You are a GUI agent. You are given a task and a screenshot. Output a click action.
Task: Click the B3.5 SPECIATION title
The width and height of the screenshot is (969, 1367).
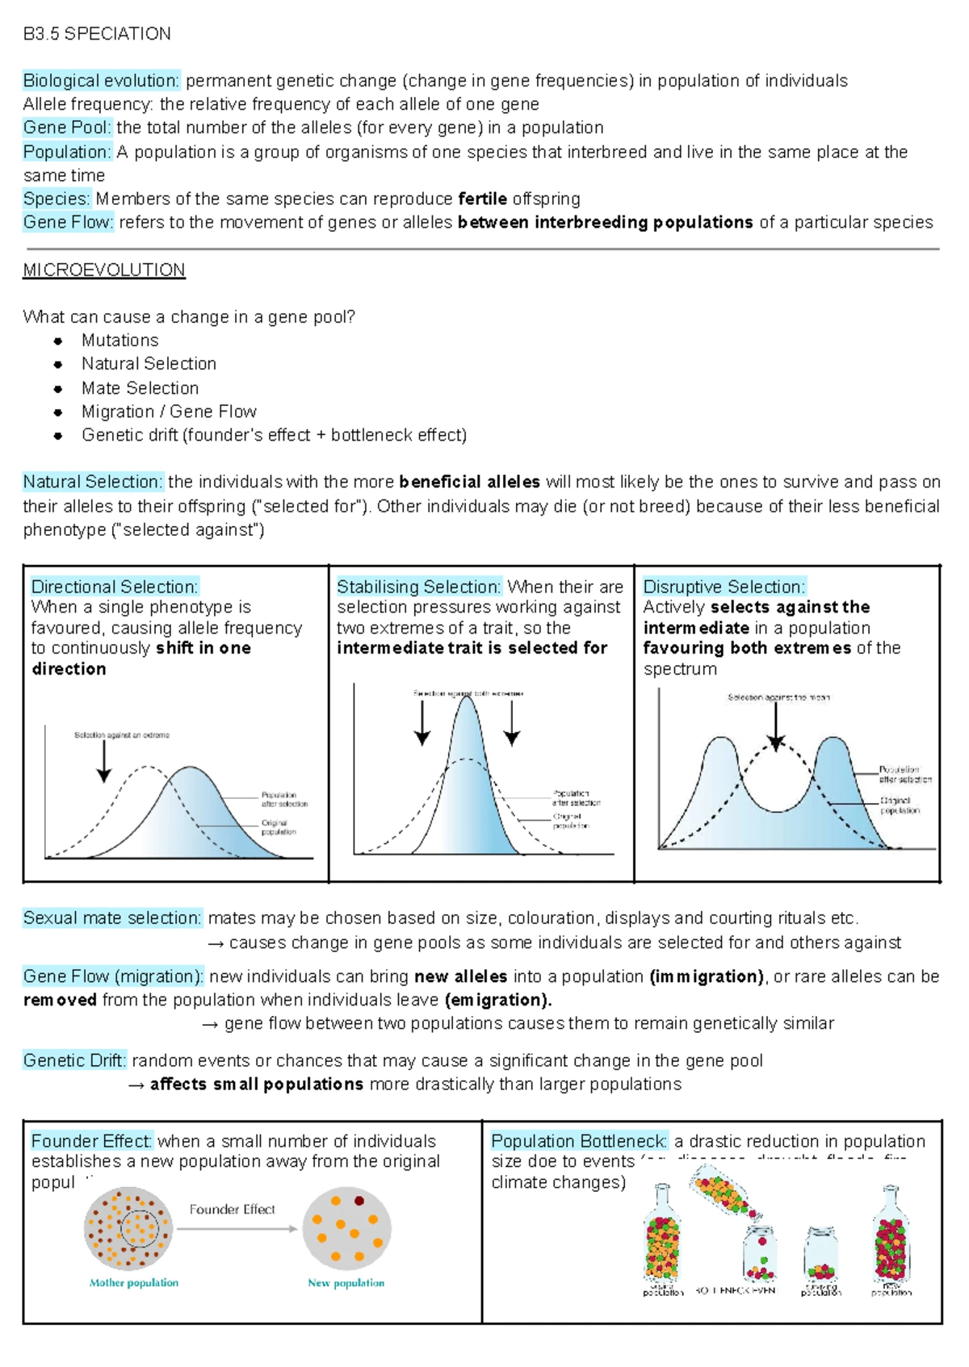pyautogui.click(x=97, y=34)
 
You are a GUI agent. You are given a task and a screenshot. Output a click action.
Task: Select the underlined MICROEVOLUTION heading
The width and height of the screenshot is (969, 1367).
pyautogui.click(x=104, y=270)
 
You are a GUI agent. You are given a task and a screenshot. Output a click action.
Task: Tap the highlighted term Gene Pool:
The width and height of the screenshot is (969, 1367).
pyautogui.click(x=67, y=128)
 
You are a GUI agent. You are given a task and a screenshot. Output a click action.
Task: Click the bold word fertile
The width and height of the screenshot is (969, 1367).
pyautogui.click(x=482, y=199)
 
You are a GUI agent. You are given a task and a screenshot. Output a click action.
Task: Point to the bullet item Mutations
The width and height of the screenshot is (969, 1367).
pyautogui.click(x=120, y=341)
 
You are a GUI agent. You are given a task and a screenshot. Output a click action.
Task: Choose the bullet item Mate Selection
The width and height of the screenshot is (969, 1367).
pyautogui.click(x=140, y=388)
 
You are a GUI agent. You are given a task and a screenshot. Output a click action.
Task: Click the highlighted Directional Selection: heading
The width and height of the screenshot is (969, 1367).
pyautogui.click(x=115, y=587)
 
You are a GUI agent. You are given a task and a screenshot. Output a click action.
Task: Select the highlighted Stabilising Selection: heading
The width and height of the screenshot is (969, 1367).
pyautogui.click(x=419, y=587)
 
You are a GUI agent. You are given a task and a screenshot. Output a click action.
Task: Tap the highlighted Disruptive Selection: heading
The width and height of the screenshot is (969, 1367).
pyautogui.click(x=724, y=587)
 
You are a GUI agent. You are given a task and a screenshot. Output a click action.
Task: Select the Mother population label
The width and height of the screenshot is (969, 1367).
pyautogui.click(x=134, y=1282)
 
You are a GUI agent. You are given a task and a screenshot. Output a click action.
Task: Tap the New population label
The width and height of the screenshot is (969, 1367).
pyautogui.click(x=346, y=1282)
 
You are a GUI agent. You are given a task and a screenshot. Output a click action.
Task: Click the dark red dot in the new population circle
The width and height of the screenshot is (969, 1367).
pyautogui.click(x=359, y=1201)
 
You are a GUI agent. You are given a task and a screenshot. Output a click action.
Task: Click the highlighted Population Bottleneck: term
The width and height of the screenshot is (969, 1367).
pyautogui.click(x=579, y=1141)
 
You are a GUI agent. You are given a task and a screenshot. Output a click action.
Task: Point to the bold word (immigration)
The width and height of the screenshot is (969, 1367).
pyautogui.click(x=707, y=976)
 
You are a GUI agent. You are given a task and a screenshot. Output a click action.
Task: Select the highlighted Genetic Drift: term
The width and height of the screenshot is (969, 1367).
pyautogui.click(x=74, y=1060)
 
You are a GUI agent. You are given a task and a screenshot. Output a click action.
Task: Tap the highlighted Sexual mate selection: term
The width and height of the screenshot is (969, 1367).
pyautogui.click(x=112, y=918)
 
